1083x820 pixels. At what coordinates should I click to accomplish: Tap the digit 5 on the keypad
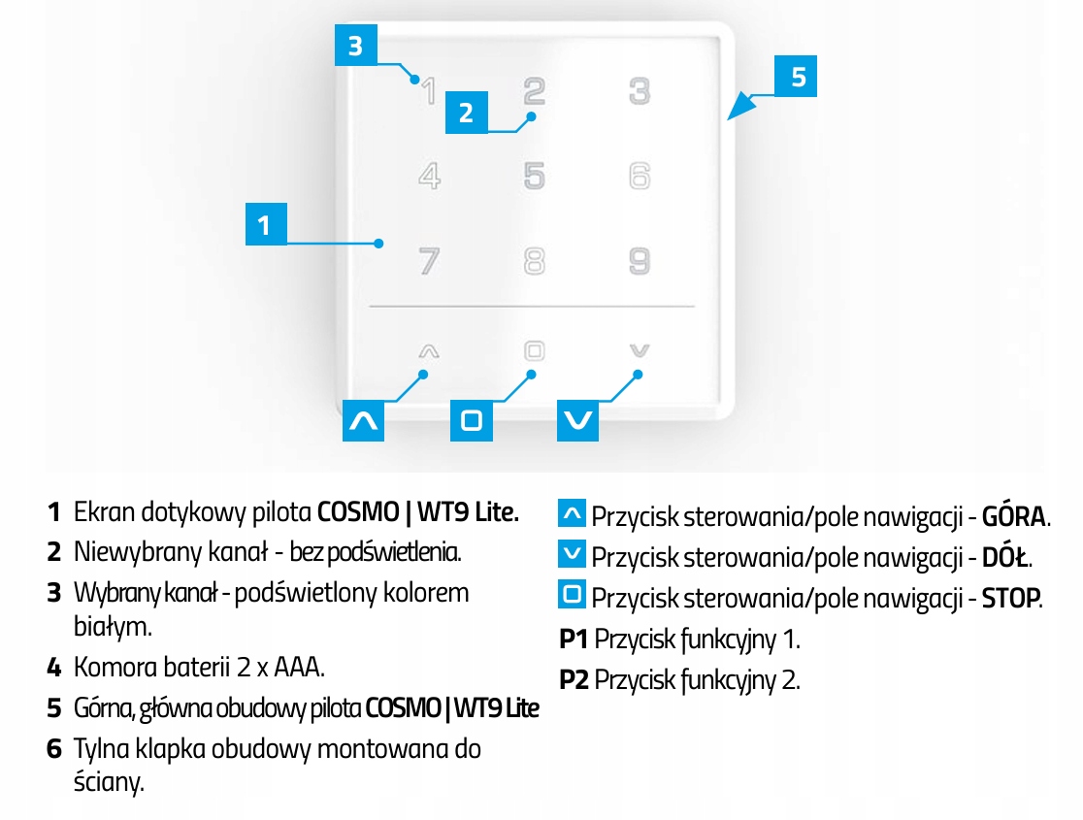534,177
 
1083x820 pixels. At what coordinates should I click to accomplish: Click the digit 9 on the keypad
639,261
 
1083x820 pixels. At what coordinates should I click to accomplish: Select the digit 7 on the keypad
428,261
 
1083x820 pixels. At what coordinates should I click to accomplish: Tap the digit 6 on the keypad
639,177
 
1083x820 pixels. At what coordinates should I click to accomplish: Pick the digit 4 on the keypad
428,177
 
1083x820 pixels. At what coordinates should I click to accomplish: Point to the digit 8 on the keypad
534,261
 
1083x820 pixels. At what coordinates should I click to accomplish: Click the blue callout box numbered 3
355,46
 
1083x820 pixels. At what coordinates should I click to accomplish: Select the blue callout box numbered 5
798,77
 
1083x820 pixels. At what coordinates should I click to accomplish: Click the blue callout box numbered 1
264,225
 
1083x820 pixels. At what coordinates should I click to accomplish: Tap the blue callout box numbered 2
466,113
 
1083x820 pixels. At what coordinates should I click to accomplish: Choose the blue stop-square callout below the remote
472,420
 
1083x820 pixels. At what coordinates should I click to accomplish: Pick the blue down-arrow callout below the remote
579,420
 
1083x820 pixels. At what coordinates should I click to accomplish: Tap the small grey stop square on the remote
534,350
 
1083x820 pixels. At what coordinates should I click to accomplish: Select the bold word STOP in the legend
1010,597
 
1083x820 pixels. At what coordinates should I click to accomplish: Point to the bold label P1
574,639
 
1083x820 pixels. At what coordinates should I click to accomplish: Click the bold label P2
574,679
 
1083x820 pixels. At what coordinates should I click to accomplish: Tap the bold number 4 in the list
54,668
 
